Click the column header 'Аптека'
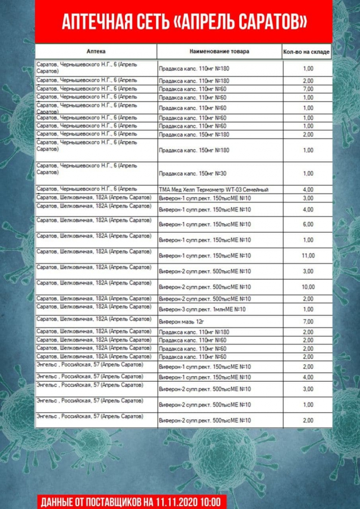point(96,51)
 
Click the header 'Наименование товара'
point(219,51)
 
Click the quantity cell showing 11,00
point(308,256)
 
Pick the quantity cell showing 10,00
point(308,287)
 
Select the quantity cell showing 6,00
point(308,225)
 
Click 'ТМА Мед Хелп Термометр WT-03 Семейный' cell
point(213,189)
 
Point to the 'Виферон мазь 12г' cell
point(181,321)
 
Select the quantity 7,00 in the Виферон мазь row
point(308,321)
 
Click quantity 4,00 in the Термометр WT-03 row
point(308,189)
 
